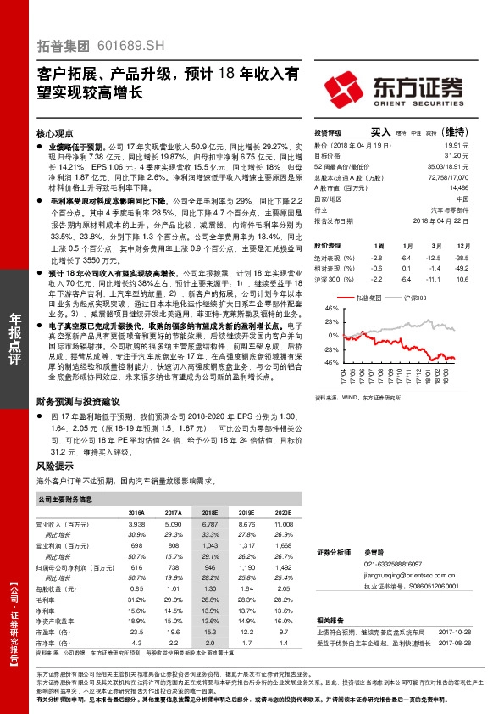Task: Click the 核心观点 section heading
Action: [x=56, y=134]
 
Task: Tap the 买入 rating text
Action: [x=381, y=132]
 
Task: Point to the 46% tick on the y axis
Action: [x=330, y=310]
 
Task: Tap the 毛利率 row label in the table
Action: [x=48, y=599]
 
